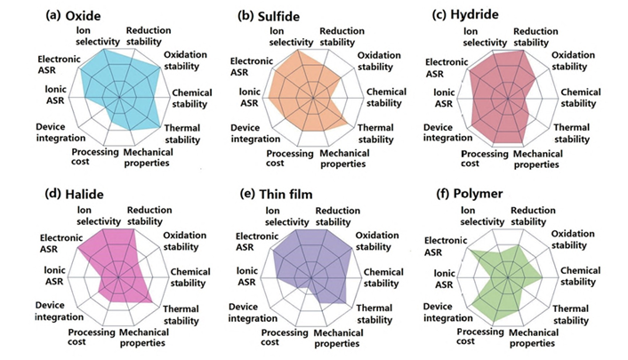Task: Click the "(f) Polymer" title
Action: (464, 192)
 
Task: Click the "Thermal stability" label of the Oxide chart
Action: (182, 134)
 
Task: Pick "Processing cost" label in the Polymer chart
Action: (481, 337)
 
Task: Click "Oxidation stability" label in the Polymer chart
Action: (578, 239)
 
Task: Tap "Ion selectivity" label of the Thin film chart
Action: (288, 215)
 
